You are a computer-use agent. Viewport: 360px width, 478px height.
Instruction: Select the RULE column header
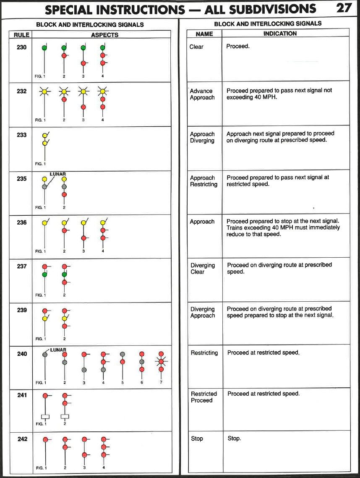click(x=19, y=35)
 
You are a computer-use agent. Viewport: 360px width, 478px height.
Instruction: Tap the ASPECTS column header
click(x=104, y=35)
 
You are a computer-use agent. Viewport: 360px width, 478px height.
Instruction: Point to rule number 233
click(x=21, y=135)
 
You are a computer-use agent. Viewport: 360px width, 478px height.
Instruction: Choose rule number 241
click(x=21, y=395)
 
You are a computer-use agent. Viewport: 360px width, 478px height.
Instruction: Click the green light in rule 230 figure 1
click(x=44, y=48)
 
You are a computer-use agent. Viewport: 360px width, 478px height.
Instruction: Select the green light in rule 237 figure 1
click(x=44, y=274)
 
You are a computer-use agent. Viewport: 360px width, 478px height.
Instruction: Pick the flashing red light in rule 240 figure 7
click(x=161, y=361)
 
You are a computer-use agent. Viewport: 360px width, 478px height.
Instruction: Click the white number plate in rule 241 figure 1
click(x=45, y=416)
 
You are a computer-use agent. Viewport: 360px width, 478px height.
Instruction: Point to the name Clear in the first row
click(x=196, y=47)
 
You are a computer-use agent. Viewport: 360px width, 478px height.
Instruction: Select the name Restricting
click(x=204, y=353)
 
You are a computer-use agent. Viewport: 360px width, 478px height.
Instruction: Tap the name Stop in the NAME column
click(x=197, y=439)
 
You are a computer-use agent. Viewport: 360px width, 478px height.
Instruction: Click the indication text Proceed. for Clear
click(x=238, y=46)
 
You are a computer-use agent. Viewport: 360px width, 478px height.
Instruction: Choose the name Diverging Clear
click(x=203, y=269)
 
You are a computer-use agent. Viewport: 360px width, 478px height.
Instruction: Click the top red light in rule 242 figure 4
click(x=103, y=440)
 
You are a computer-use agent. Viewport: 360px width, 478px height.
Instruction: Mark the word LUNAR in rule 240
click(x=58, y=350)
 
